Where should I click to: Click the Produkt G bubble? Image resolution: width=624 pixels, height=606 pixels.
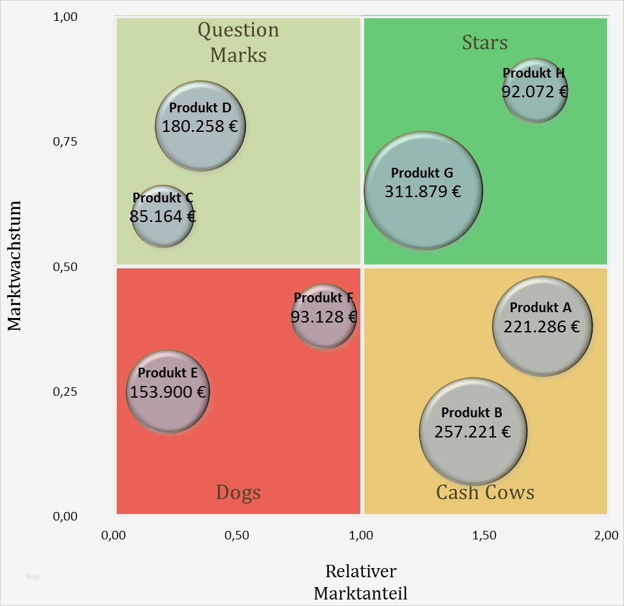(423, 191)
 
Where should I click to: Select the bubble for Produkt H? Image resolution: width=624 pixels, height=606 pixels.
(535, 91)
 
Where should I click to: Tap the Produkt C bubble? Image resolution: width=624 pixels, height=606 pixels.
(163, 216)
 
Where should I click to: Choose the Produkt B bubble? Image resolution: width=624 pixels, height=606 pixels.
(473, 431)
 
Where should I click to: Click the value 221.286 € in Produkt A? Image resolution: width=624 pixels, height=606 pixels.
(541, 327)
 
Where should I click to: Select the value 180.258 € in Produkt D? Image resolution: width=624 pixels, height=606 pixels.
(200, 126)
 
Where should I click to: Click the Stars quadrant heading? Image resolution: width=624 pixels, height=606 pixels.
(484, 43)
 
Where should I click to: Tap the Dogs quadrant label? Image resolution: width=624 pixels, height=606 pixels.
(238, 492)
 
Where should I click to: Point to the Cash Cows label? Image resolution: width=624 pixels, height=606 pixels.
(485, 492)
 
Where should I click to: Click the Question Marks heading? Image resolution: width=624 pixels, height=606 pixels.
(238, 42)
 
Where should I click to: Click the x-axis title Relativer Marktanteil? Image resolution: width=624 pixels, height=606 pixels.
(360, 582)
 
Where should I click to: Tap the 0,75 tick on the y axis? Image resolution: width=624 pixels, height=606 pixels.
(65, 142)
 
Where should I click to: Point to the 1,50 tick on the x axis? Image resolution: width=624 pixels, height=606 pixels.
(484, 535)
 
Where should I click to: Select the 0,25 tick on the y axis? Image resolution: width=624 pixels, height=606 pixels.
(65, 392)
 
